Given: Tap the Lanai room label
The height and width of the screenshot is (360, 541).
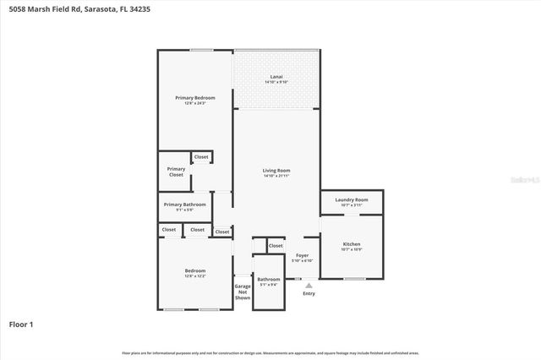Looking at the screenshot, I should click(x=276, y=77).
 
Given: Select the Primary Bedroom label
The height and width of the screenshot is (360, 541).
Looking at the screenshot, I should click(x=195, y=98).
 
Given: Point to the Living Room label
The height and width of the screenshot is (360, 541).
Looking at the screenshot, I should click(x=276, y=170).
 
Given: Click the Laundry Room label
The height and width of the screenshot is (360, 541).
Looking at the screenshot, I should click(x=351, y=199).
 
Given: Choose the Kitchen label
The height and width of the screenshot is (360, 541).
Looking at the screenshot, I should click(x=351, y=243).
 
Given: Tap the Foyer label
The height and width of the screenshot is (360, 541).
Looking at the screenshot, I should click(x=302, y=255).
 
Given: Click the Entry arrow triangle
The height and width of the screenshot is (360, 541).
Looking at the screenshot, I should click(x=309, y=285).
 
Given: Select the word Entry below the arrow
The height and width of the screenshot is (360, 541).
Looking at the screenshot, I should click(x=309, y=293).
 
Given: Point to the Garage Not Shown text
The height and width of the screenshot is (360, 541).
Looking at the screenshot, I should click(x=243, y=292).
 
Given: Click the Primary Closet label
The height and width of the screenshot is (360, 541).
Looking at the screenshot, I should click(x=176, y=172).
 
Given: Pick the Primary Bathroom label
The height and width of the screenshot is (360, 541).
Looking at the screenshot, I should click(x=184, y=204).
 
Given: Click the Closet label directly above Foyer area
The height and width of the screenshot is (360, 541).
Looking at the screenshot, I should click(x=276, y=246).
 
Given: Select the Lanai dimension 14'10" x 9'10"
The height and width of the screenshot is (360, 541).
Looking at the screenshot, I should click(x=276, y=82).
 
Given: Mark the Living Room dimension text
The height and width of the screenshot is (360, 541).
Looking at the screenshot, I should click(x=276, y=176).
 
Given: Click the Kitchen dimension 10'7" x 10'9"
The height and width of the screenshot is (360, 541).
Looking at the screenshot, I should click(x=351, y=248).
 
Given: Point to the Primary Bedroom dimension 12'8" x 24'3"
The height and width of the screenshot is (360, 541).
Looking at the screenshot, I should click(x=195, y=103).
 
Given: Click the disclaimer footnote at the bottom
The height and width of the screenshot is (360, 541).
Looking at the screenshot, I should click(x=270, y=352).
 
